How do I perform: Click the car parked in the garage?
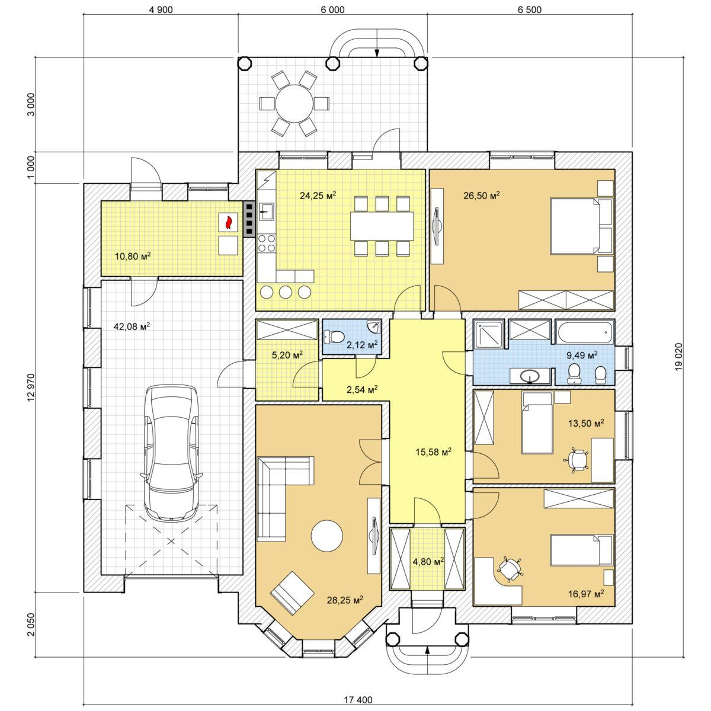click(x=172, y=453)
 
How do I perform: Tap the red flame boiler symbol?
click(x=228, y=223)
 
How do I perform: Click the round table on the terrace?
click(x=294, y=104)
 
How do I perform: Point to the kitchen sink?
click(x=267, y=212)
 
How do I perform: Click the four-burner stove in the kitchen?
click(x=267, y=243)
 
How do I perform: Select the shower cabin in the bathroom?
click(x=489, y=334)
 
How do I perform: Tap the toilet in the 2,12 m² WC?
click(x=334, y=336)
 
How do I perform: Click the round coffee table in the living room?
click(x=327, y=536)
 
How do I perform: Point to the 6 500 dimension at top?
click(x=530, y=10)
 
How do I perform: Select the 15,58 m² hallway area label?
click(x=434, y=451)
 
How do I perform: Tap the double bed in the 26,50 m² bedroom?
click(x=582, y=226)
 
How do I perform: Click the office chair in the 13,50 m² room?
click(x=576, y=460)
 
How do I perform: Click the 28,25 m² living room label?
click(x=345, y=600)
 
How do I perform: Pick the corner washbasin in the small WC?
click(x=374, y=326)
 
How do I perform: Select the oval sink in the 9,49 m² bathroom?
click(x=530, y=377)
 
